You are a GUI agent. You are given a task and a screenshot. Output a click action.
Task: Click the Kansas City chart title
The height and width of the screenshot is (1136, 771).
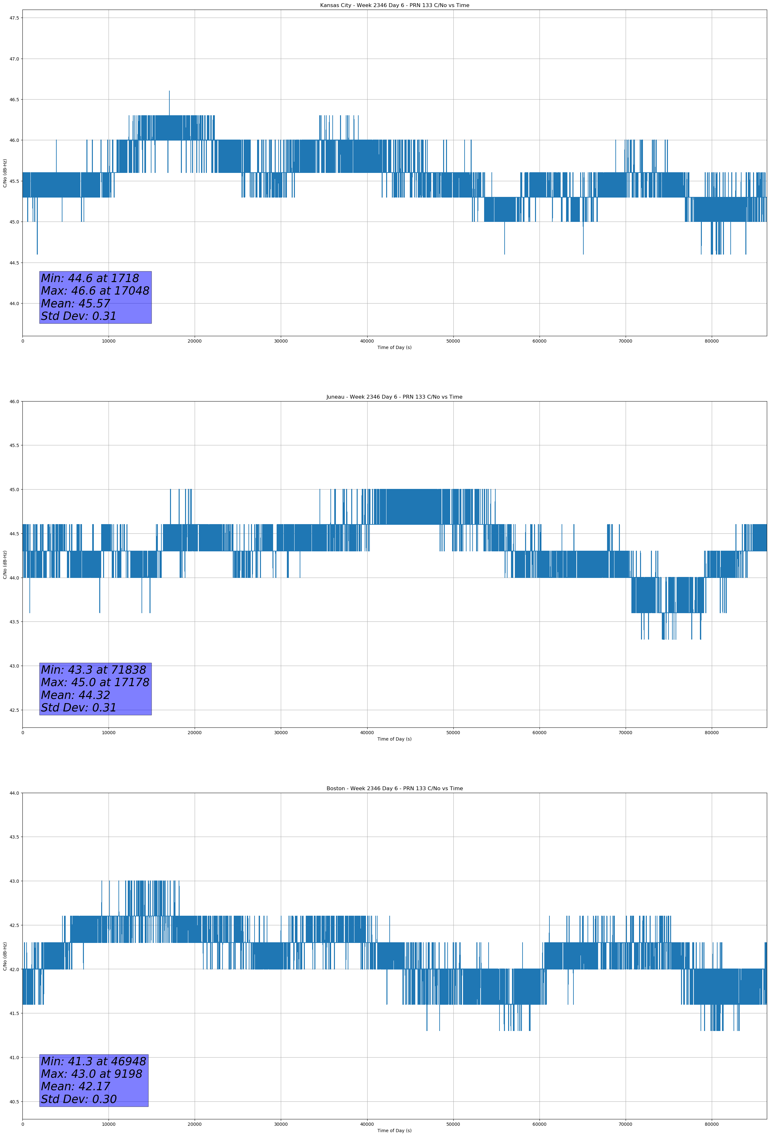point(394,5)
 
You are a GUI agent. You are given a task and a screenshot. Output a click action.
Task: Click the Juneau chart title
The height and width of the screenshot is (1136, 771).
point(394,397)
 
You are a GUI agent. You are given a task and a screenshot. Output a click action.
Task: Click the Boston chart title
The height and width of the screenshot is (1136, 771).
point(394,789)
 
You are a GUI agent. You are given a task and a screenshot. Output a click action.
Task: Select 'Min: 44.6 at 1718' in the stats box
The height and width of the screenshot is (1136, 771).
point(90,278)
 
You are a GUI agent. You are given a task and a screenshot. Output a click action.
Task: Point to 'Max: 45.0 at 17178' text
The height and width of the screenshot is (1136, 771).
point(95,682)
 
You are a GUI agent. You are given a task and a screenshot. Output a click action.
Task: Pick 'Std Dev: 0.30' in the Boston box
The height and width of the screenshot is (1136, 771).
point(79,1099)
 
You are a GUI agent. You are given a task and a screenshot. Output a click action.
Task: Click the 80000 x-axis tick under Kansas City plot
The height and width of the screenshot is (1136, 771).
point(711,341)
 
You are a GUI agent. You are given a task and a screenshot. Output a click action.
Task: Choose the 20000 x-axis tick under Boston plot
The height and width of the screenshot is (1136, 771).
point(195,1124)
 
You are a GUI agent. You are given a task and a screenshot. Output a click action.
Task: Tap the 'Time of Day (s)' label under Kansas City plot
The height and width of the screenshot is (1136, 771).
point(394,347)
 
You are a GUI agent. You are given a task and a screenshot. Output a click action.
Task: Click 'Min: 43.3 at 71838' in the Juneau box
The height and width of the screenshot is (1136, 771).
point(93,670)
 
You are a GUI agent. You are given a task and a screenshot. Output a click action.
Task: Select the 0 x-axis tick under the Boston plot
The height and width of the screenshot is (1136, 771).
point(22,1124)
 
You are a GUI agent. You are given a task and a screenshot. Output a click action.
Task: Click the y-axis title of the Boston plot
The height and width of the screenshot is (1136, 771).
point(5,956)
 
